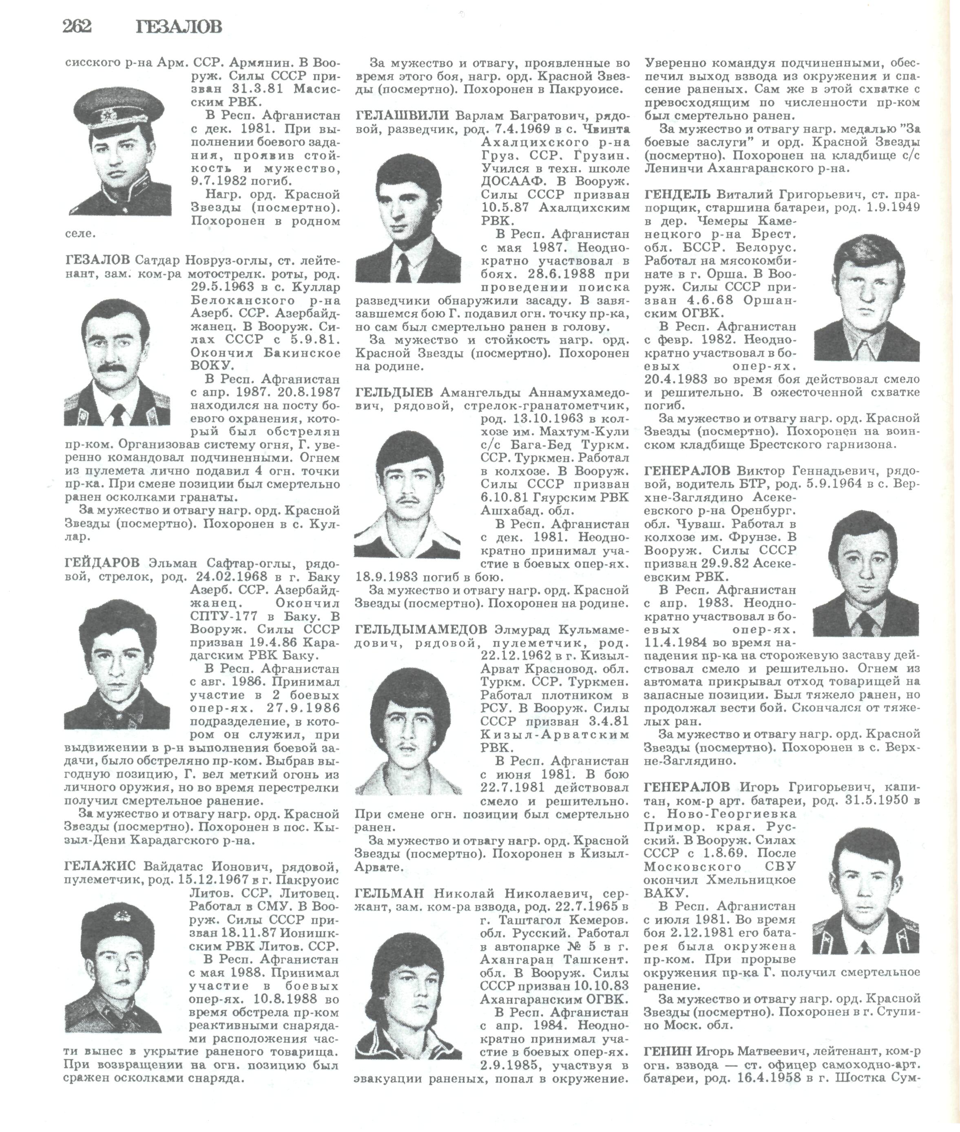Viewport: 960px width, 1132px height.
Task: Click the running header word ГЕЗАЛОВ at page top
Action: (x=179, y=27)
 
